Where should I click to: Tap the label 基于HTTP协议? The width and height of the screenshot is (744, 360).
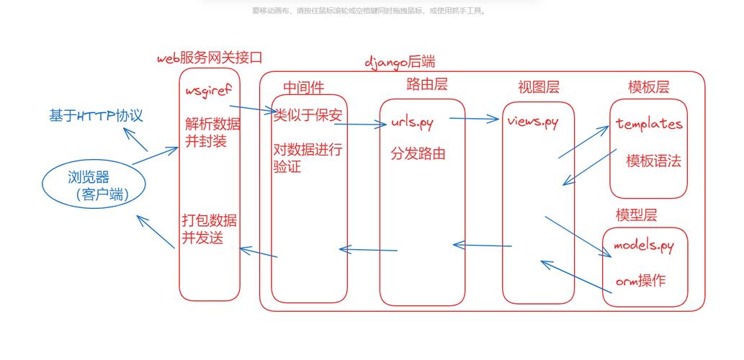96,116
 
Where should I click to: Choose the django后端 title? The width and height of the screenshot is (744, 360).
400,62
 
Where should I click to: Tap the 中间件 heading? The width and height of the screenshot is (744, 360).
303,87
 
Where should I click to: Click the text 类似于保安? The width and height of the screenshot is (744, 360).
308,115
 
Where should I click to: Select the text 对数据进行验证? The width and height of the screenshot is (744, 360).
308,158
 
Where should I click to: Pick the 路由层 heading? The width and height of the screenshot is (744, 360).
427,84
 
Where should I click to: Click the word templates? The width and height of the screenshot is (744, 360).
649,124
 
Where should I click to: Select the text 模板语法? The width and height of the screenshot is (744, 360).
653,161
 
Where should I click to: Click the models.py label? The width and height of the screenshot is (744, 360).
644,246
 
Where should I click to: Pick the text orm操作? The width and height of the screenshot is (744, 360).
640,280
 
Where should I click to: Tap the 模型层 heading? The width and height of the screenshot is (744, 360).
636,215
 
